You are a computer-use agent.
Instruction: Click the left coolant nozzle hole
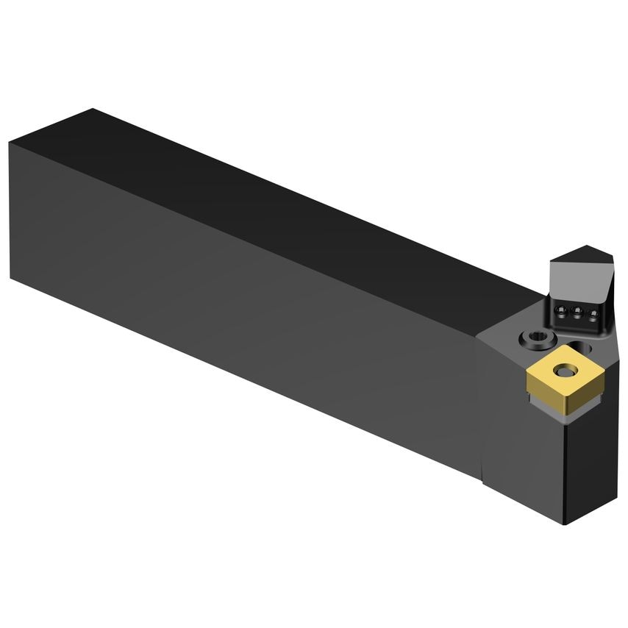tap(562, 312)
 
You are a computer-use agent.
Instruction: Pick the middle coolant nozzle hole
tap(576, 313)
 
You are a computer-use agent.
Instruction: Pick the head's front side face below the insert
tap(522, 456)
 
